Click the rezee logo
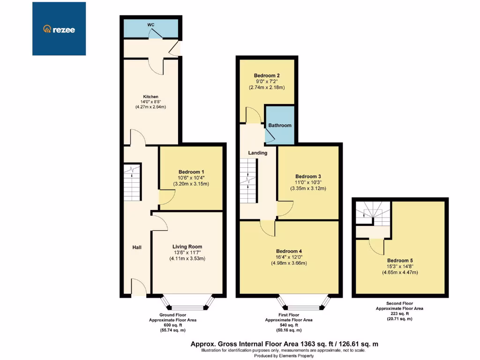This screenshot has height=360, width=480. (x=59, y=29)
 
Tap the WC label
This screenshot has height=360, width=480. (x=151, y=24)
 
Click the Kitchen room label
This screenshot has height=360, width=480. (x=151, y=97)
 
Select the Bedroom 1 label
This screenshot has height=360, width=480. (x=191, y=172)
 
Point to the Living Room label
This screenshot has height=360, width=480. (x=187, y=247)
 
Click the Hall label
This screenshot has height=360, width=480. (x=136, y=247)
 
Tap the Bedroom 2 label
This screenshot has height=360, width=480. (x=267, y=75)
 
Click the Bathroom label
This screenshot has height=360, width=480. (x=280, y=125)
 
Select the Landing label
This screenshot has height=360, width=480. (x=258, y=153)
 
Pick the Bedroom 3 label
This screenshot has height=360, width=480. (x=308, y=176)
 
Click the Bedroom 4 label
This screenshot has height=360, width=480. (x=289, y=251)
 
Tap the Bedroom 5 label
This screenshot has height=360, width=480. (x=400, y=260)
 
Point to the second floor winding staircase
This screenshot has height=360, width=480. (x=373, y=213)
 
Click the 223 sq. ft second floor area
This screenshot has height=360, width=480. (x=400, y=314)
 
